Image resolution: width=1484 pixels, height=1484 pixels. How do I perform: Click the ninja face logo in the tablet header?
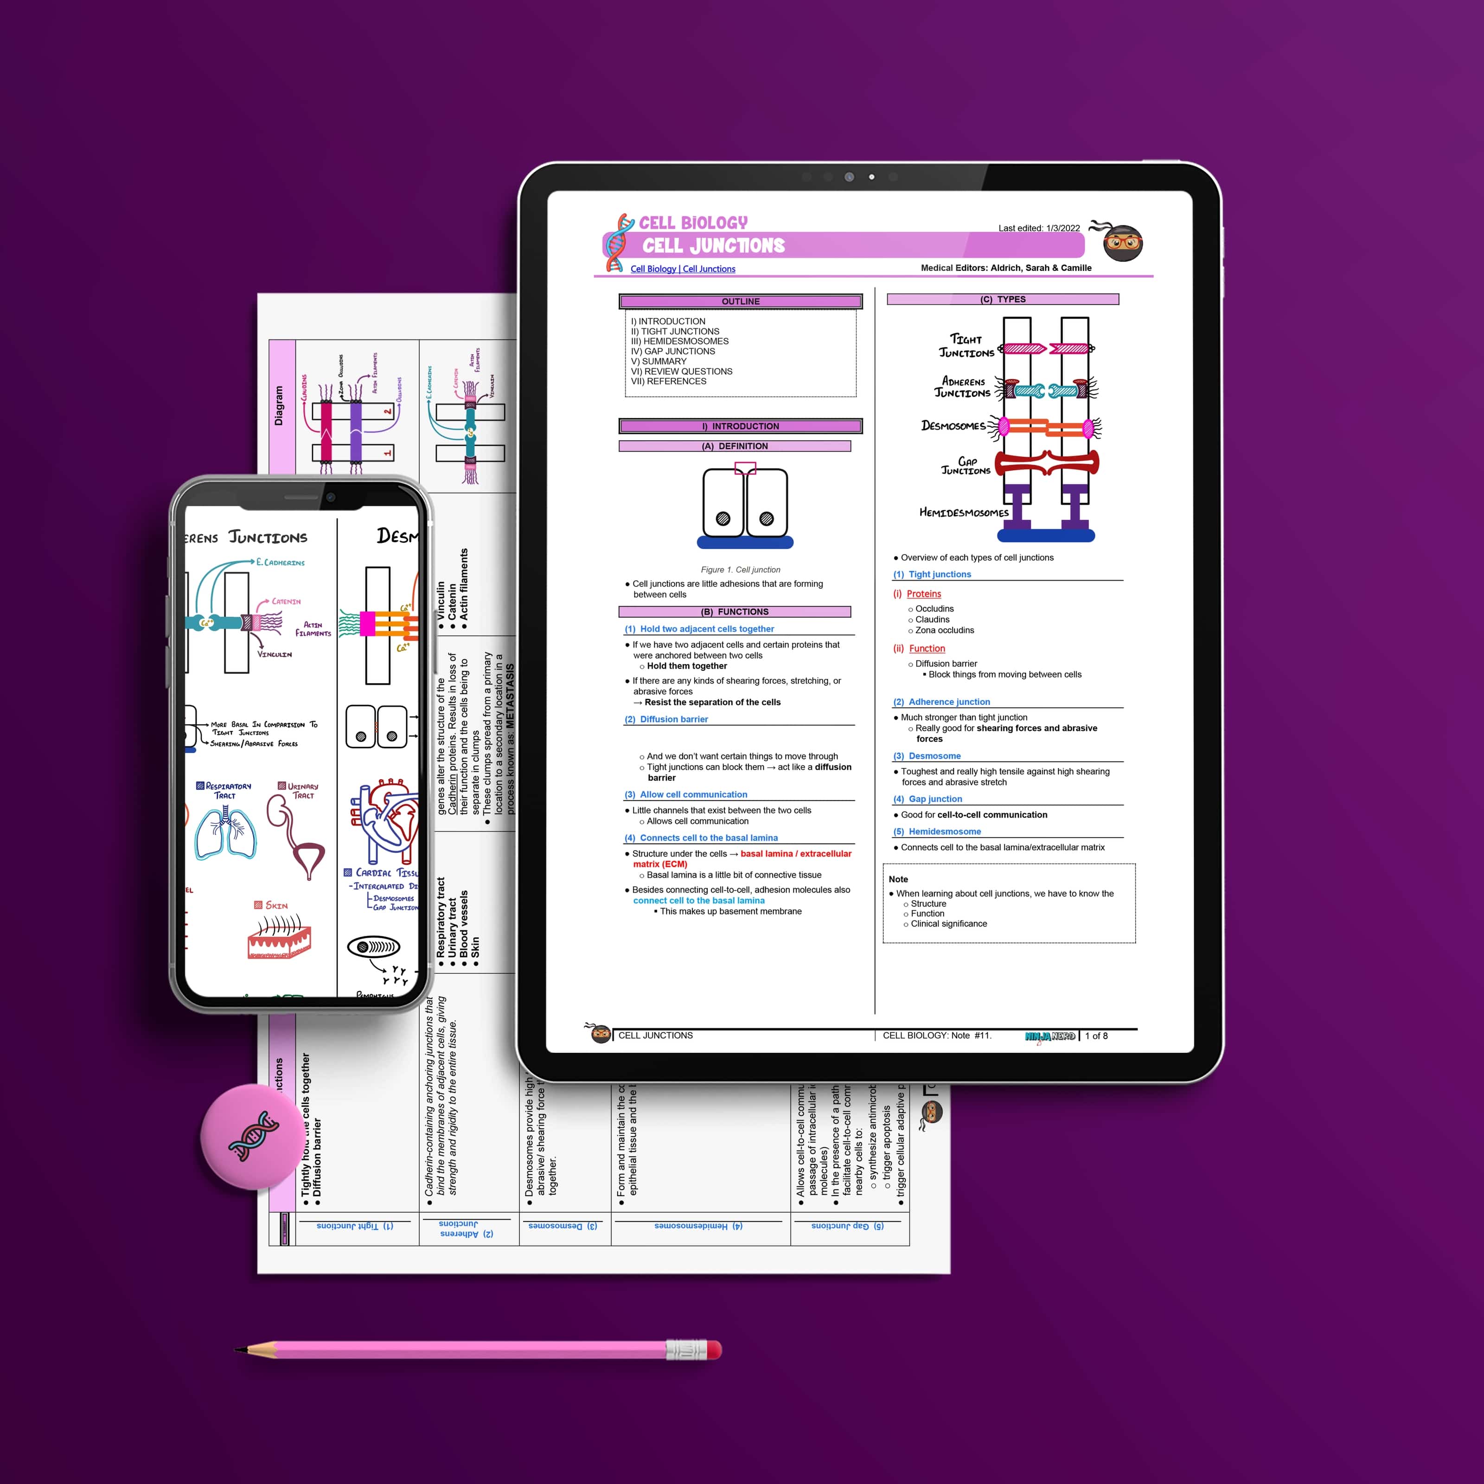pos(1122,243)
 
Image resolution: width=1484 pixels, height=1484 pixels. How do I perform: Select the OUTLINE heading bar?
pos(741,301)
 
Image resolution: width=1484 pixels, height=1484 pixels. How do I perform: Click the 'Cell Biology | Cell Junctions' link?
pos(683,269)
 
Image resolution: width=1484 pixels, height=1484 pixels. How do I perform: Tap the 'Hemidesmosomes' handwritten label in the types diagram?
pos(964,512)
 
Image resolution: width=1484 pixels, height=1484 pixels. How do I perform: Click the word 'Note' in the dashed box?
pos(898,879)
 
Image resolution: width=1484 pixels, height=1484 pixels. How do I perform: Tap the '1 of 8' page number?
pos(1096,1036)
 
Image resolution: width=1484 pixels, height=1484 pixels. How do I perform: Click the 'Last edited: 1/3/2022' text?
pos(1038,228)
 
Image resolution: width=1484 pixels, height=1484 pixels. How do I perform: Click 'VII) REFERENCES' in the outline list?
pos(668,381)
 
